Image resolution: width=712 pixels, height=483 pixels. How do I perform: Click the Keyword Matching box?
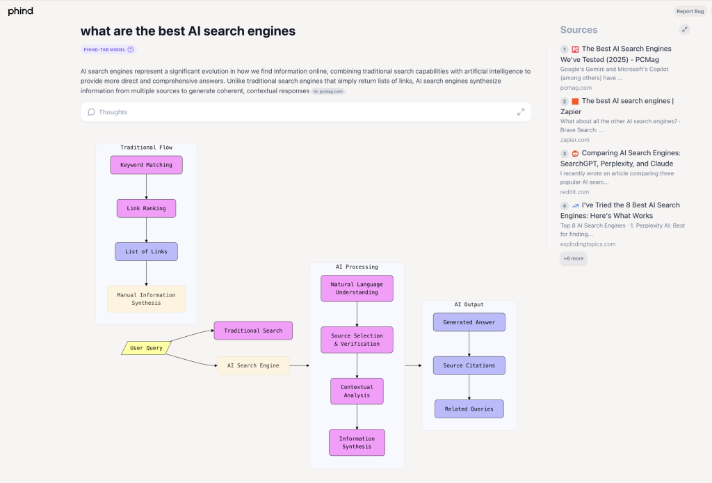coord(146,165)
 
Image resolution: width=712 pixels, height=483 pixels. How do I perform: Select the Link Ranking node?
coord(146,208)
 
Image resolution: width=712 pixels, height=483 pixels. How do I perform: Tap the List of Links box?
coord(146,251)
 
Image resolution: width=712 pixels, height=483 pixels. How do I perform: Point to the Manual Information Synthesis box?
coord(146,299)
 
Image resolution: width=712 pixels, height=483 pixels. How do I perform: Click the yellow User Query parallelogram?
coord(146,348)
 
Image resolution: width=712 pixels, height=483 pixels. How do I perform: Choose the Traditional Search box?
coord(253,331)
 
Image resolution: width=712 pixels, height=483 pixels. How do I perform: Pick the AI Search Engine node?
coord(253,365)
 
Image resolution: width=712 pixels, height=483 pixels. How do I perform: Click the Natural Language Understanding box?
coord(357,288)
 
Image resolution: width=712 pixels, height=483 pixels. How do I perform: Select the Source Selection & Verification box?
coord(357,340)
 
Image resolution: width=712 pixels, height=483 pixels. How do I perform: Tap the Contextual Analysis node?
coord(357,390)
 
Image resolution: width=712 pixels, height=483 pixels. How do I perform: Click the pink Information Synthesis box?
coord(357,443)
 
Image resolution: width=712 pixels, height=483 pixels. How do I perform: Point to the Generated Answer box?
coord(469,322)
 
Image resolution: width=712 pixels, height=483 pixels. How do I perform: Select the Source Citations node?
coord(469,365)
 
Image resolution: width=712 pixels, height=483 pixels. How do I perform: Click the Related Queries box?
coord(469,409)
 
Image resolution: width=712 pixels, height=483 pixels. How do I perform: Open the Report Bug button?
coord(690,11)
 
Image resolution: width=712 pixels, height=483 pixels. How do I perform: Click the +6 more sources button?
coord(573,258)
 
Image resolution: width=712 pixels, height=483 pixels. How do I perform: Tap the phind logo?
coord(20,11)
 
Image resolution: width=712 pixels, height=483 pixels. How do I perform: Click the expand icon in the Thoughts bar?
coord(521,112)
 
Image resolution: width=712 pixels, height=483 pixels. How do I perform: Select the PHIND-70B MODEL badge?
coord(108,49)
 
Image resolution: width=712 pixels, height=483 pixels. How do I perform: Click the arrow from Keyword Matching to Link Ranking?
coord(146,187)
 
